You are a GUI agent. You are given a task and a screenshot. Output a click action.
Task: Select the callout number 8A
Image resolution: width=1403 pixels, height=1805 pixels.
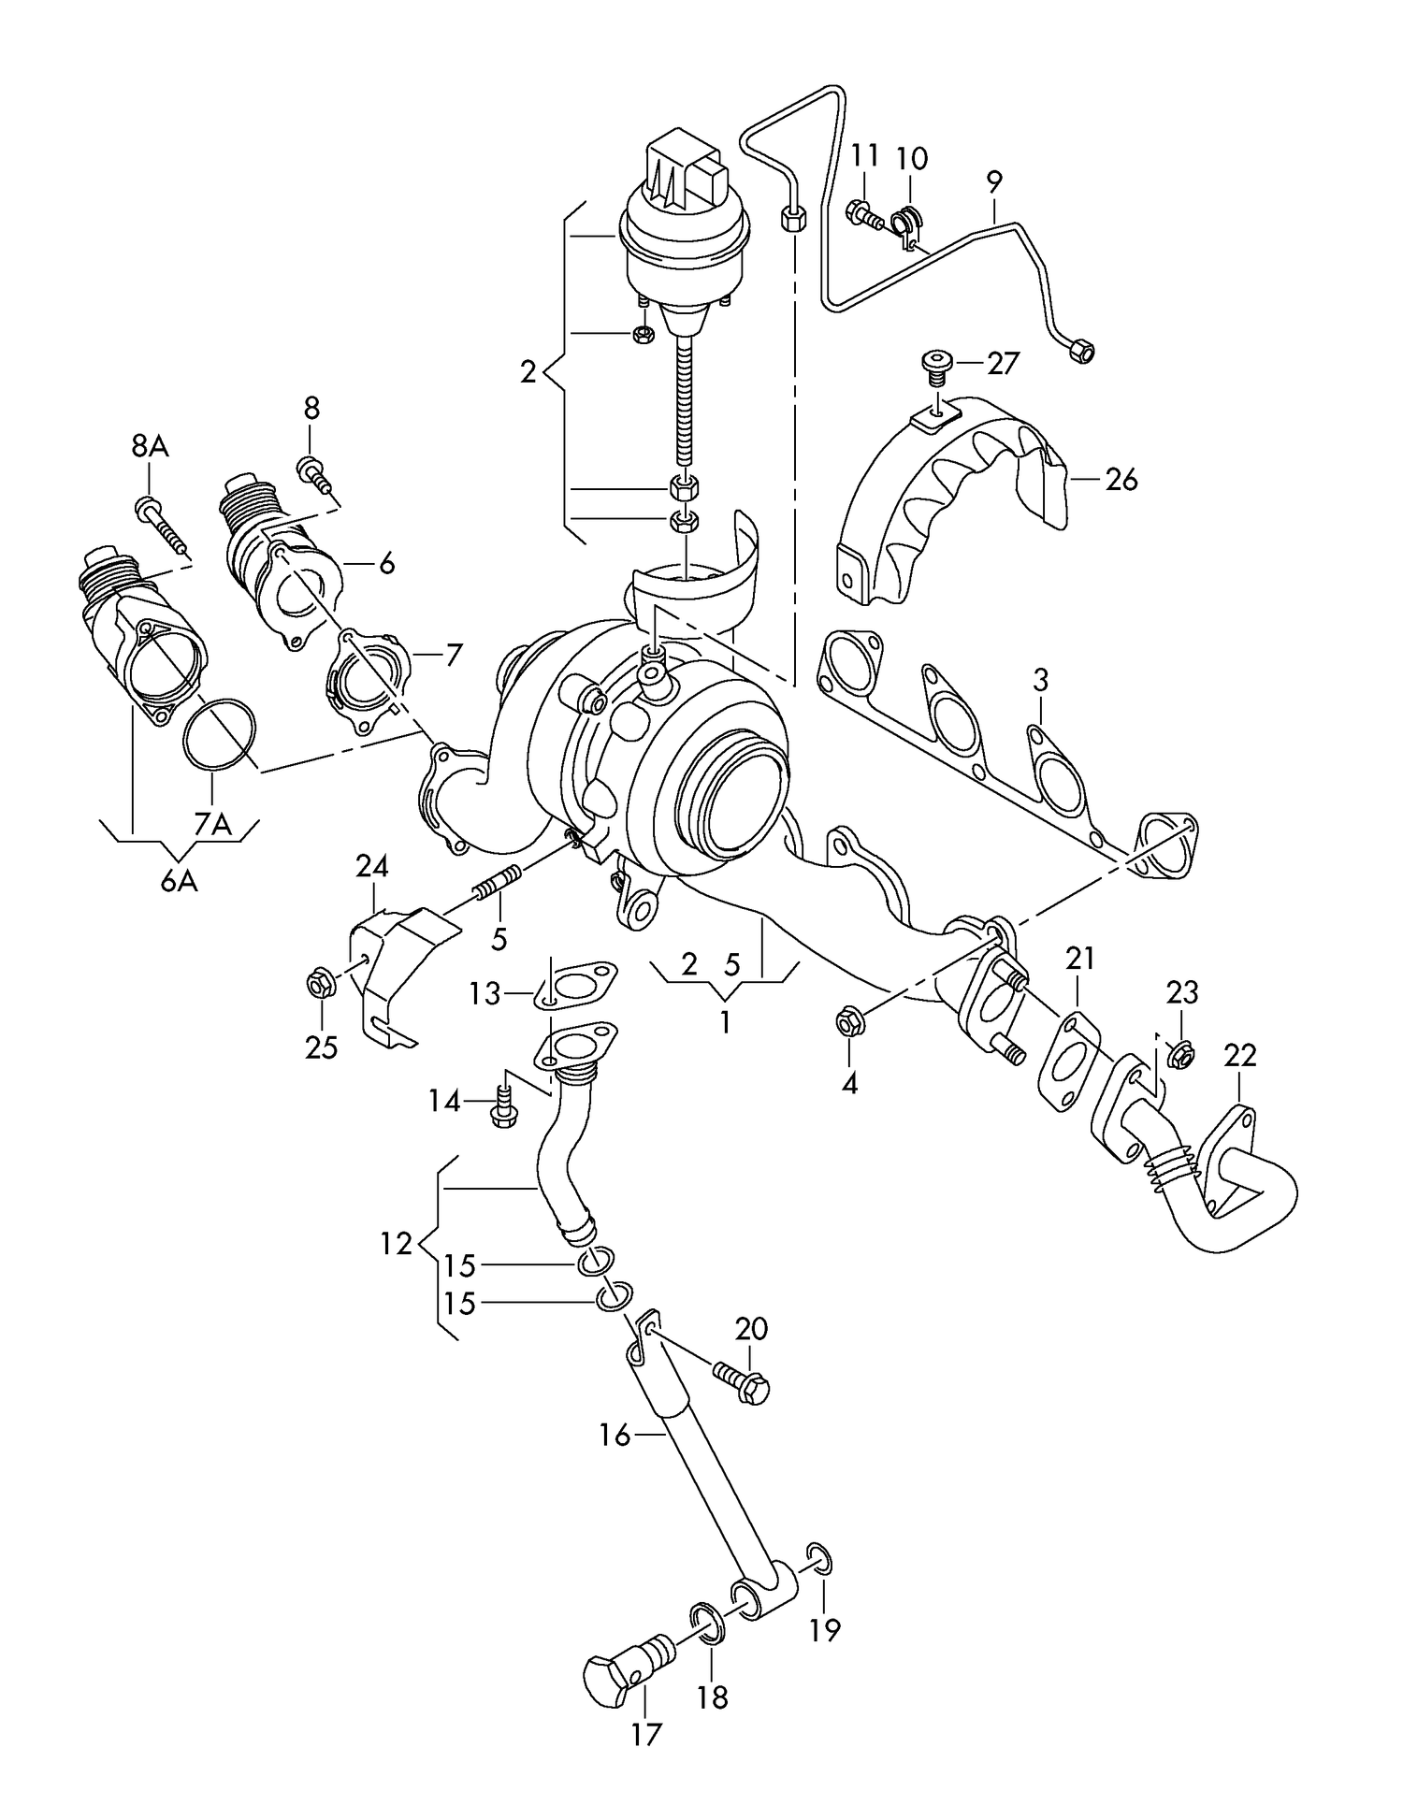point(150,447)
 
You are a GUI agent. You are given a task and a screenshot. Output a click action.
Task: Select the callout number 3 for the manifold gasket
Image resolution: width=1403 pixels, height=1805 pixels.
point(1041,680)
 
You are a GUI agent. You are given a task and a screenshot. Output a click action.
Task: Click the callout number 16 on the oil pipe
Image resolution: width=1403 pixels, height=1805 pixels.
point(615,1435)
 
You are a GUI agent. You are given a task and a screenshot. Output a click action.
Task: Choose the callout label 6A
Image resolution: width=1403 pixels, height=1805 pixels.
point(178,880)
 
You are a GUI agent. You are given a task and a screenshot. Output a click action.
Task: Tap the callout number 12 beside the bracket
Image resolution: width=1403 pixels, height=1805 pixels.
point(397,1244)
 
